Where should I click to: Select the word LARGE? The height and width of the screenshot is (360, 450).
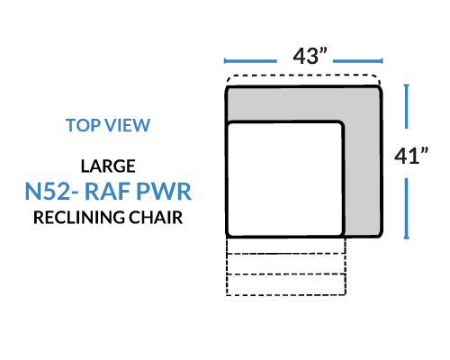pyautogui.click(x=108, y=166)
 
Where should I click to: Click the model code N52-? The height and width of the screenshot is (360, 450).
pyautogui.click(x=51, y=191)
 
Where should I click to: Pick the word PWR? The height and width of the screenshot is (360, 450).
pyautogui.click(x=164, y=191)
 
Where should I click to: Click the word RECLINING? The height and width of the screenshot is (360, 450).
pyautogui.click(x=79, y=218)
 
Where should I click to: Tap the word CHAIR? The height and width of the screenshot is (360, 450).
pyautogui.click(x=156, y=218)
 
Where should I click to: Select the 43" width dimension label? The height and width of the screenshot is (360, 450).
pyautogui.click(x=310, y=56)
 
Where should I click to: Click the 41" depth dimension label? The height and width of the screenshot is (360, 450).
pyautogui.click(x=411, y=156)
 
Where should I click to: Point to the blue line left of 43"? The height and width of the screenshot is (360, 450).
pyautogui.click(x=250, y=61)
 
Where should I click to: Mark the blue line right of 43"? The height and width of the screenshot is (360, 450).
pyautogui.click(x=358, y=61)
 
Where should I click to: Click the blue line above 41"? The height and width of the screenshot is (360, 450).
pyautogui.click(x=407, y=106)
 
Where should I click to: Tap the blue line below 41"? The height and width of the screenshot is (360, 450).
pyautogui.click(x=407, y=209)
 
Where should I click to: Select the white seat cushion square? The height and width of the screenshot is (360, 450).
pyautogui.click(x=285, y=179)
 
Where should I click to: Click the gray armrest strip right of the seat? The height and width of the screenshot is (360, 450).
pyautogui.click(x=363, y=177)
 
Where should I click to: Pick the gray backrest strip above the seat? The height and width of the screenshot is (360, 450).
pyautogui.click(x=303, y=103)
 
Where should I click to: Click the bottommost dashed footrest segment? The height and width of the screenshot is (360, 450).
pyautogui.click(x=286, y=284)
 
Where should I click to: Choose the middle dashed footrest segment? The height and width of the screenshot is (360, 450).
pyautogui.click(x=286, y=264)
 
